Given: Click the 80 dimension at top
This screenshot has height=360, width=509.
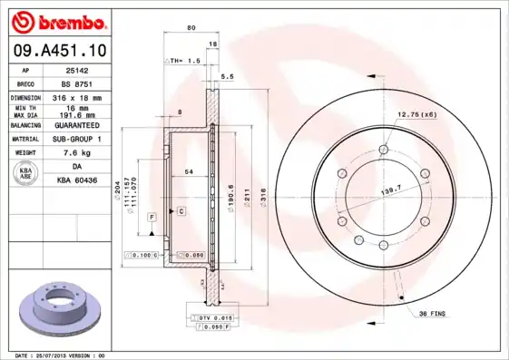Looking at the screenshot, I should pyautogui.click(x=191, y=28).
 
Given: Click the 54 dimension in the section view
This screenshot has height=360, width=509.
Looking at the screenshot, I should pyautogui.click(x=189, y=171).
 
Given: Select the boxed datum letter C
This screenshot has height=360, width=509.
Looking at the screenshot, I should pyautogui.click(x=181, y=210).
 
